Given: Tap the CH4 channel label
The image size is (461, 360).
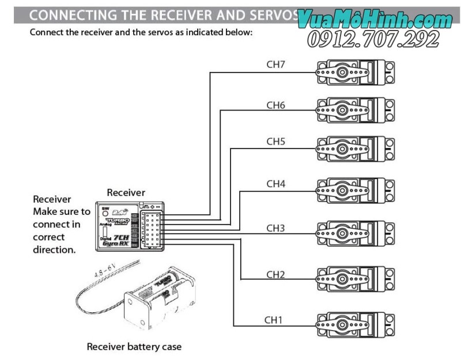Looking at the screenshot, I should click(x=275, y=184).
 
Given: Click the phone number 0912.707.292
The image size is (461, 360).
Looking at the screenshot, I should click(x=373, y=39).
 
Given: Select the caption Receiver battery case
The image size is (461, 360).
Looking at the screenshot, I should click(x=134, y=347).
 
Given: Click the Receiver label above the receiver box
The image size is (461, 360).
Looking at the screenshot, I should click(x=126, y=192).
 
